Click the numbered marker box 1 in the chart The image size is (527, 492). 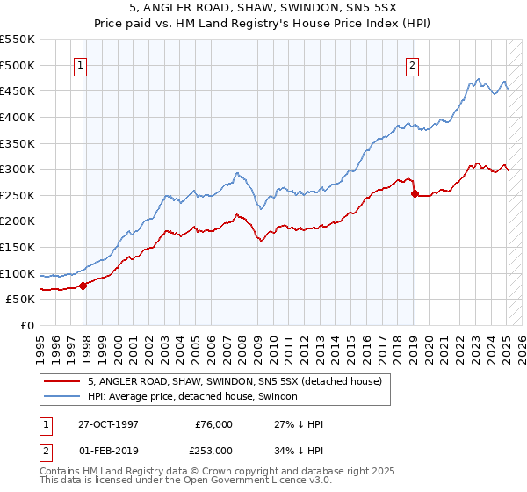point(81,64)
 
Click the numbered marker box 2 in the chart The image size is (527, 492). point(413,64)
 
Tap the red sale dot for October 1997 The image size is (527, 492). point(83,286)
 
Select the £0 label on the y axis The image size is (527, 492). point(28,325)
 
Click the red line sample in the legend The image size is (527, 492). point(61,382)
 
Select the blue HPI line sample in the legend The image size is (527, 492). point(61,397)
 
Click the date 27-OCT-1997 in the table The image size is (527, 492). point(108,423)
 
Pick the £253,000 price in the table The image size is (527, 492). point(214,450)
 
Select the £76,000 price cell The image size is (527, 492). point(214,423)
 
